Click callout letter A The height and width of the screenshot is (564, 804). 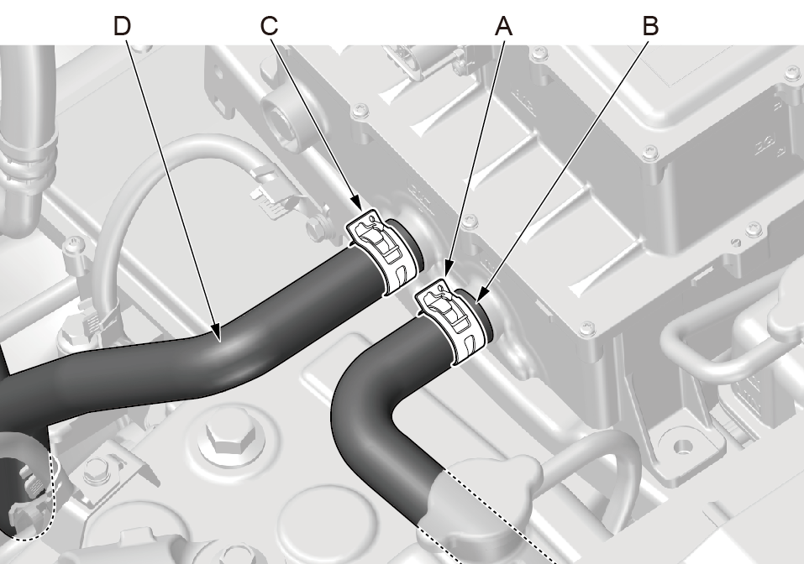click(504, 25)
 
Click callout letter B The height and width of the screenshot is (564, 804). click(650, 25)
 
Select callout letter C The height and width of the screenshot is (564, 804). click(269, 25)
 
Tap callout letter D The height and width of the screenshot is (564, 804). click(123, 25)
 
